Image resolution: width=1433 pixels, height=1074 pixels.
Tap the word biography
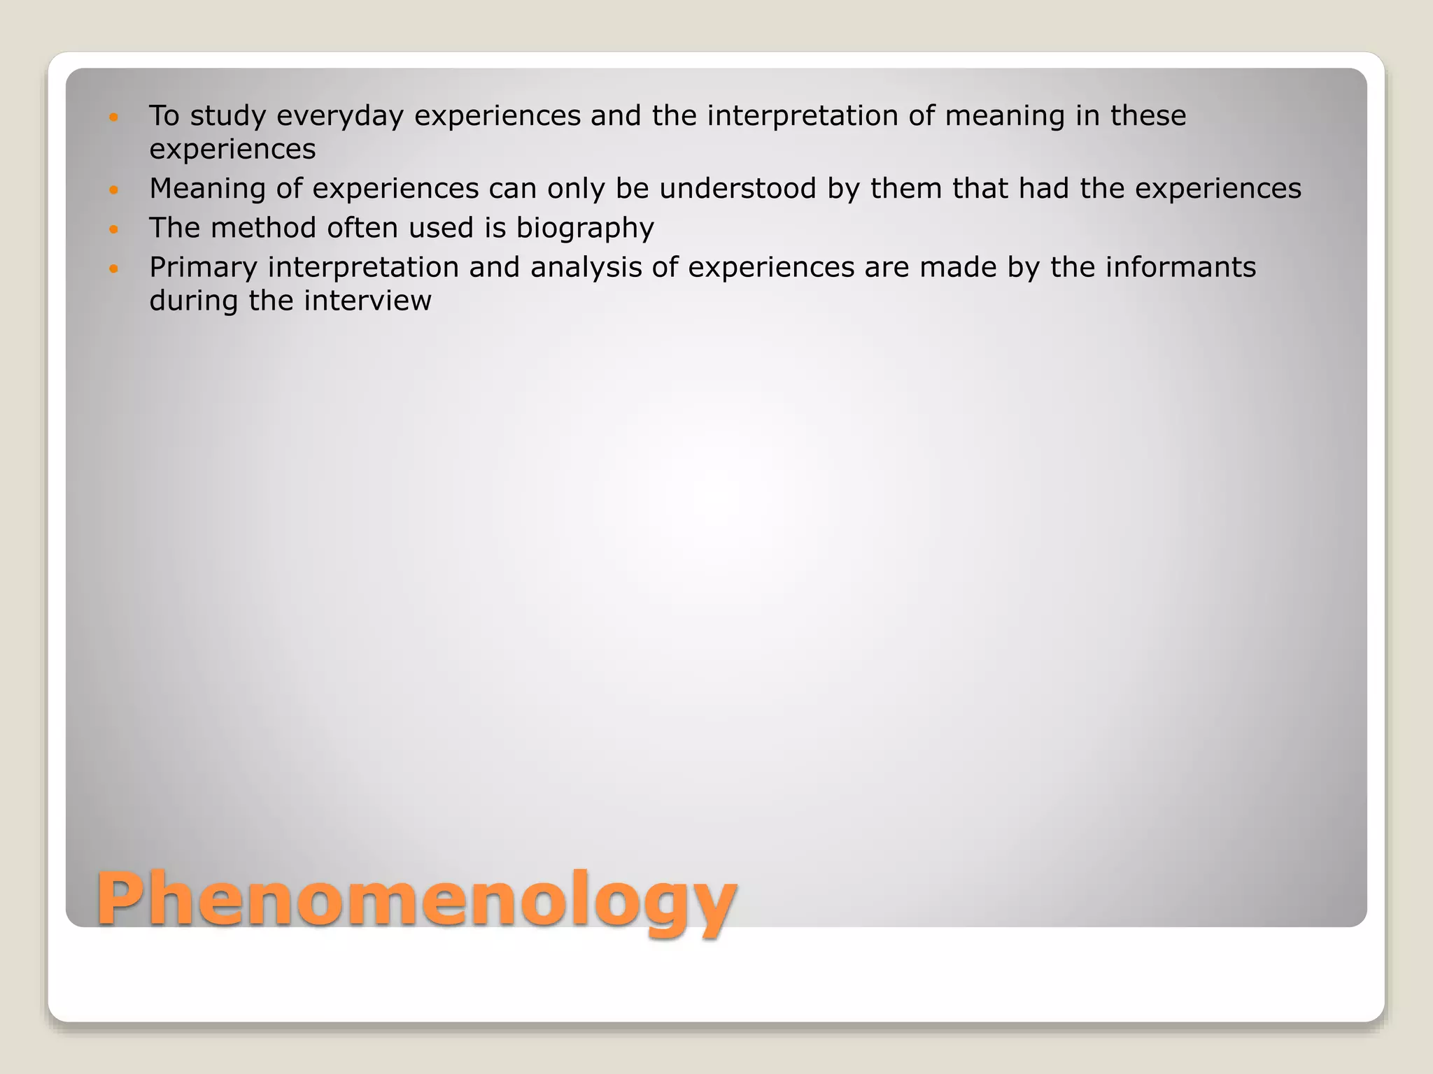pos(585,229)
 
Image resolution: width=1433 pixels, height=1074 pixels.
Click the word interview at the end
pos(367,301)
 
